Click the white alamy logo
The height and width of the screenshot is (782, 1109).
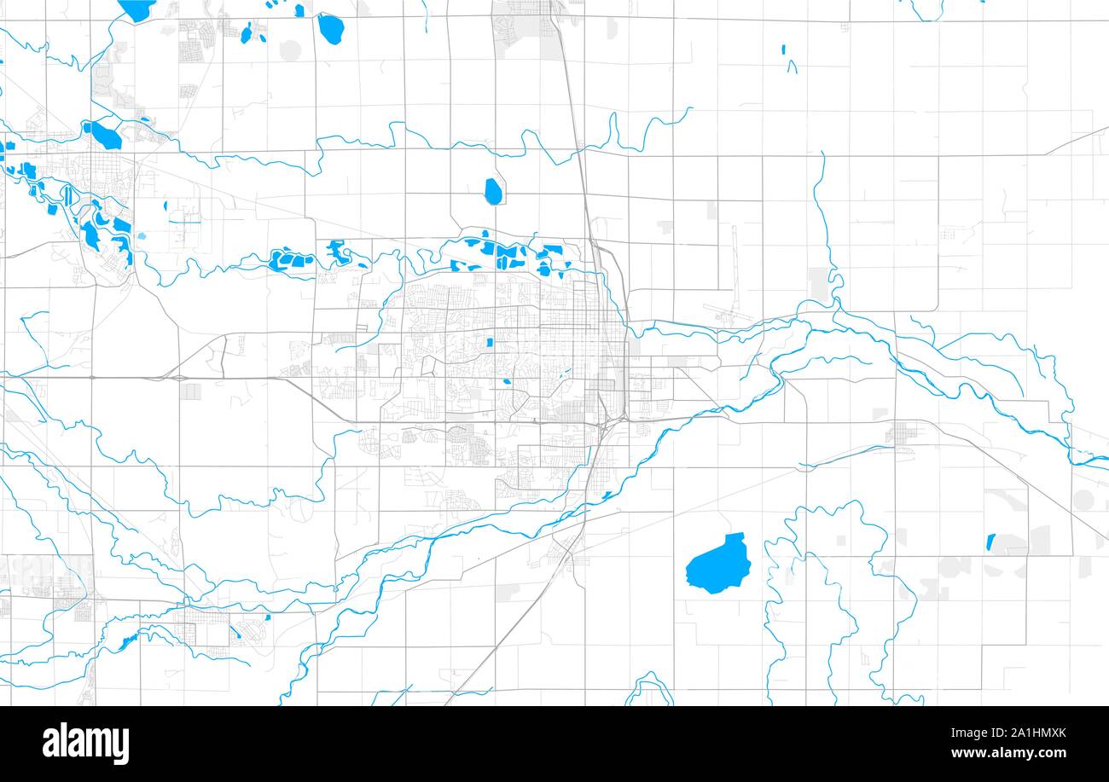(x=85, y=743)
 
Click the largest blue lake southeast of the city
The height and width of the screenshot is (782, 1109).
(x=717, y=564)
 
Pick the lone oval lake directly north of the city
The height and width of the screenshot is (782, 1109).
(x=493, y=191)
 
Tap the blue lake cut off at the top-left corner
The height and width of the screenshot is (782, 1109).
(x=136, y=9)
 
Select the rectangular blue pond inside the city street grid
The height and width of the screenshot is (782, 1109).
(x=490, y=343)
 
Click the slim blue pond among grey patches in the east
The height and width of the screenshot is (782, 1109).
(x=990, y=541)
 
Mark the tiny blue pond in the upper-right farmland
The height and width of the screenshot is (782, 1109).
(x=784, y=49)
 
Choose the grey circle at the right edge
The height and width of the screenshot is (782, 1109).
(x=1083, y=500)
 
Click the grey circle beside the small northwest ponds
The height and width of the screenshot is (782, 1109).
(x=290, y=49)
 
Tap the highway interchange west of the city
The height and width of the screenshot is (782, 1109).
(x=179, y=375)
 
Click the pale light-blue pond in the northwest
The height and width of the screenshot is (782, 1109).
(x=142, y=236)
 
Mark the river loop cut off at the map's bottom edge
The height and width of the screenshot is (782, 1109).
(x=649, y=691)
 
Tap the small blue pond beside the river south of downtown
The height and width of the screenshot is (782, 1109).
(x=607, y=495)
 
